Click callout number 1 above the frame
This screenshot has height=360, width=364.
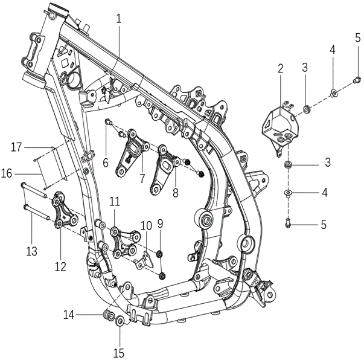119,19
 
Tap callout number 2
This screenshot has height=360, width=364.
281,68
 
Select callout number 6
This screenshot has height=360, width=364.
106,162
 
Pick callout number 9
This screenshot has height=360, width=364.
160,223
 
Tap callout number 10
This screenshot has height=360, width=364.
146,226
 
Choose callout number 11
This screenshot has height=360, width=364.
115,201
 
